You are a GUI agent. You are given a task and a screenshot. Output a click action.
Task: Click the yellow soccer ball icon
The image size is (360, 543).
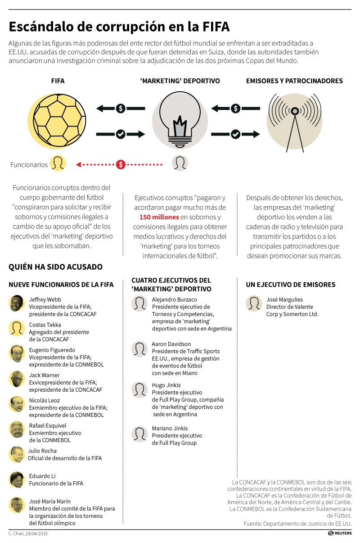56,121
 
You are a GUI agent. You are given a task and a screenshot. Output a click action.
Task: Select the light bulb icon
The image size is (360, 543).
180,121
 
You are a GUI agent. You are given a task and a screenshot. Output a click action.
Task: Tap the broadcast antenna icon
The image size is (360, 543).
295,121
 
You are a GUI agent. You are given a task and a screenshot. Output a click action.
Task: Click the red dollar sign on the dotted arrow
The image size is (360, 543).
121,164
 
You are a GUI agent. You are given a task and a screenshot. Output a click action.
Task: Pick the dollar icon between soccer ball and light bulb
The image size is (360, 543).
121,109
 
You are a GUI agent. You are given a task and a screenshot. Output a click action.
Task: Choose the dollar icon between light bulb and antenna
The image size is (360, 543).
235,109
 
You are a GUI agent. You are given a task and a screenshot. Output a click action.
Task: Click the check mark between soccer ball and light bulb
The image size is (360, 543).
121,134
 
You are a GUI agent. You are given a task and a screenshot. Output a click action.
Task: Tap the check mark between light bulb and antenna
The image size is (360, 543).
235,134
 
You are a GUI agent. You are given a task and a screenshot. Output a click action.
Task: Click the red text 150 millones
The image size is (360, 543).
159,217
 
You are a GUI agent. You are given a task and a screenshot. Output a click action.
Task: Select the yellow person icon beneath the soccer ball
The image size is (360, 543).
58,163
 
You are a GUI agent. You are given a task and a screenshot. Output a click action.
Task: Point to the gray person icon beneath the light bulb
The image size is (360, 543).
180,163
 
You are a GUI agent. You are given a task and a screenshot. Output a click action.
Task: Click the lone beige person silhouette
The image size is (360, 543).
254,303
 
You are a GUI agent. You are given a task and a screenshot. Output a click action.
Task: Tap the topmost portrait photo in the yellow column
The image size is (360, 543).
17,303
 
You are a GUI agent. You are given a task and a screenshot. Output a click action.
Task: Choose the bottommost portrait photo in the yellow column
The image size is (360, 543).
17,505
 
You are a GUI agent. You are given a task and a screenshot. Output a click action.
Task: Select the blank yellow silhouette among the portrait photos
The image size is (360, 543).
17,328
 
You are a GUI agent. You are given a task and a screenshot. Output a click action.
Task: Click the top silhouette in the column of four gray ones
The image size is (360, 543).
139,303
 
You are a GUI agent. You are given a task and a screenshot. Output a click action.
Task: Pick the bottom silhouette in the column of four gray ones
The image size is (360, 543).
139,434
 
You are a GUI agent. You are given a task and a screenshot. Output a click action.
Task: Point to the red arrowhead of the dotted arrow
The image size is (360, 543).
78,164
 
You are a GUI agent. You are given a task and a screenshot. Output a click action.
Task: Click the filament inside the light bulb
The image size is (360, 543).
180,126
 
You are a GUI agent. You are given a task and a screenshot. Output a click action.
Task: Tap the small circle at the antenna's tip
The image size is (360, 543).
295,111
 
